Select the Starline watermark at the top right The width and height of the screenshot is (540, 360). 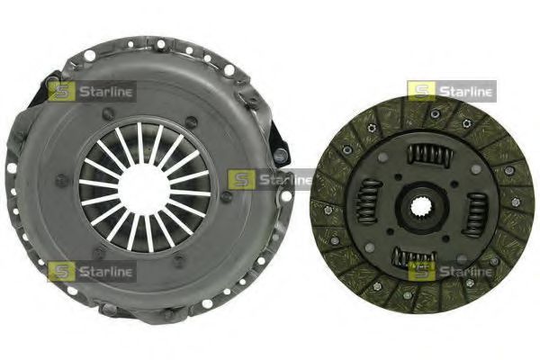point(451,90)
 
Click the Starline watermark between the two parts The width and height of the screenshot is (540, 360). point(270,179)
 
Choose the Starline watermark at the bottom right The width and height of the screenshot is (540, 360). point(451,269)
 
